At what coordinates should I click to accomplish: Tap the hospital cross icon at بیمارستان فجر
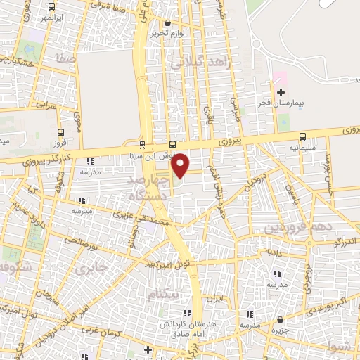281,92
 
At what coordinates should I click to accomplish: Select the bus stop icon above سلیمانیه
302,136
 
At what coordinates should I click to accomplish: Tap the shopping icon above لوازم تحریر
166,21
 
